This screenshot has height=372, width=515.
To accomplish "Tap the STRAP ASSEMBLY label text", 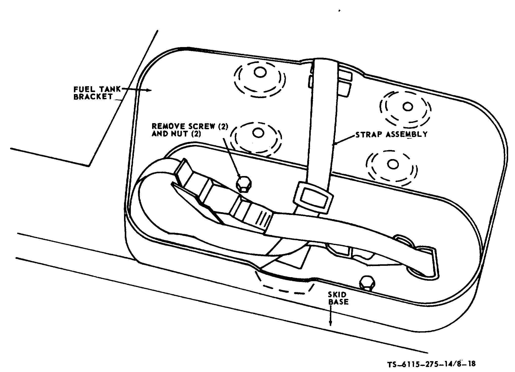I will coord(391,134).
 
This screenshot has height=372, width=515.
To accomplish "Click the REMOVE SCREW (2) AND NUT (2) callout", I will coord(190,130).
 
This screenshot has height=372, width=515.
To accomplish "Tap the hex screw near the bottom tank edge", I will coord(367,283).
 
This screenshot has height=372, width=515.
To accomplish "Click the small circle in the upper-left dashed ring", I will coord(260,73).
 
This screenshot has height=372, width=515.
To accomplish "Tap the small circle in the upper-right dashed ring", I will coord(407,107).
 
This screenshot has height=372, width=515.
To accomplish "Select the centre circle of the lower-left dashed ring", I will coord(258,133).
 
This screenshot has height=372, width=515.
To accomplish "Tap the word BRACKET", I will coord(93,97).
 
